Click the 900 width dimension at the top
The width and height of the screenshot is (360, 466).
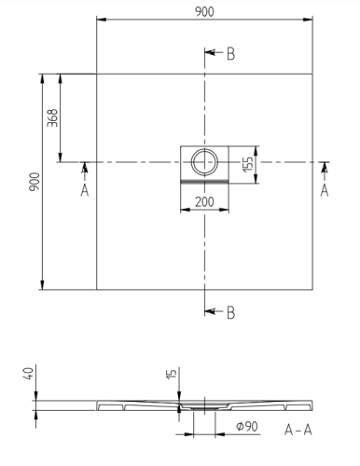coord(204,12)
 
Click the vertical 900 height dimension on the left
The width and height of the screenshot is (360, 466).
coord(35,182)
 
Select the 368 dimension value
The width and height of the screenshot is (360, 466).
coord(52,117)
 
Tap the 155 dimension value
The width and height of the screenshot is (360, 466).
coord(248,164)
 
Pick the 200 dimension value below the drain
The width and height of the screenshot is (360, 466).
coord(204,202)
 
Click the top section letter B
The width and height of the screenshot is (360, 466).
coord(230,54)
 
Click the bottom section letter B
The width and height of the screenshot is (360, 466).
coord(230,313)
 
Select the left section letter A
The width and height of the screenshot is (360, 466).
coord(85,190)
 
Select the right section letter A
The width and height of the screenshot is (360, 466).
coord(325,190)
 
